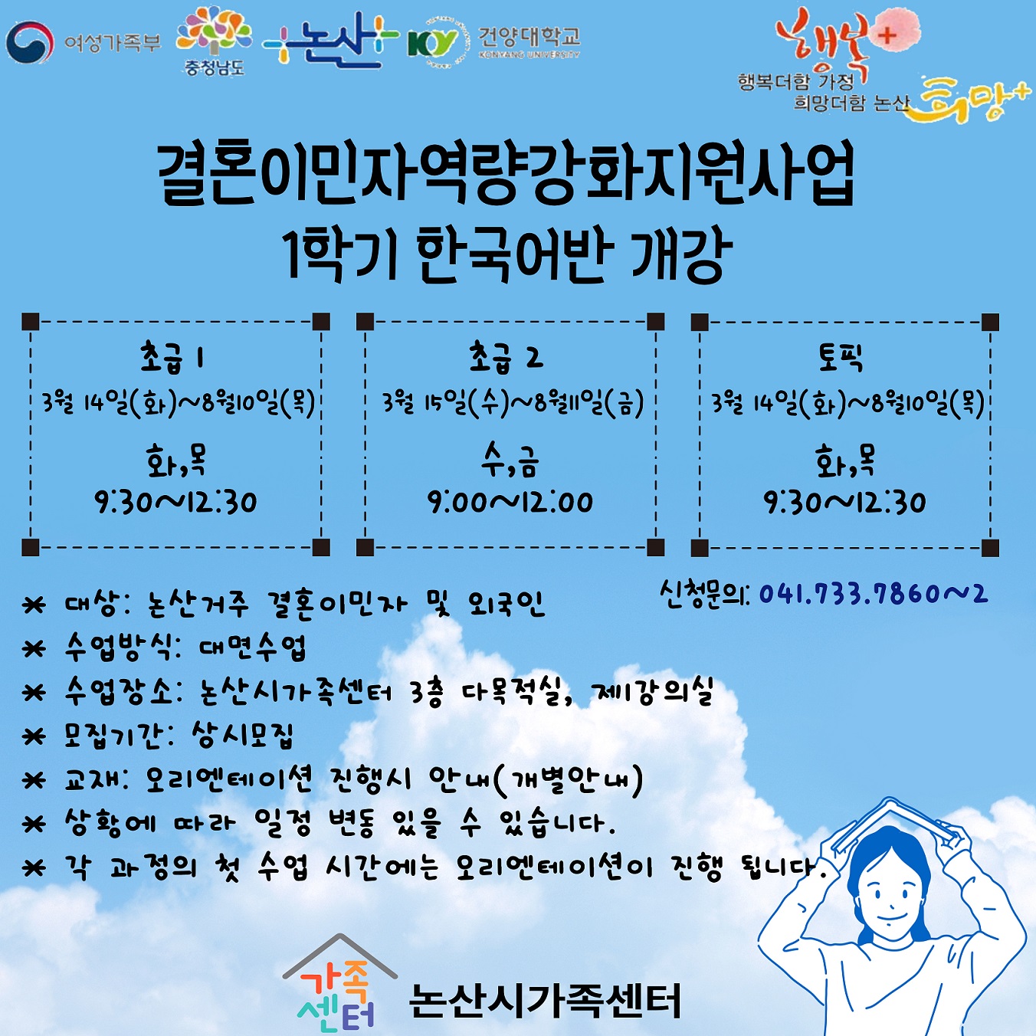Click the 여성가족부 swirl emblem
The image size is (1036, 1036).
30,43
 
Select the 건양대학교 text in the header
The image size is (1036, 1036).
529,37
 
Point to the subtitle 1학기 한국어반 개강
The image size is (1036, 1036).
509,255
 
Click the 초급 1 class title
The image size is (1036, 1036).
172,358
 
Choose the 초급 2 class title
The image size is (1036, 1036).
507,358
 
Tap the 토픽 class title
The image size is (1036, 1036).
841,358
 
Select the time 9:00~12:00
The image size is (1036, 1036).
510,503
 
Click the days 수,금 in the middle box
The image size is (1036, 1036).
509,462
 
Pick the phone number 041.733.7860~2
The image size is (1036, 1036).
874,594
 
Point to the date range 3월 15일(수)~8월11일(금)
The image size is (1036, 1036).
513,403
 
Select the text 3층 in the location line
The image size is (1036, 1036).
426,693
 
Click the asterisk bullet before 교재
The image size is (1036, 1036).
33,780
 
